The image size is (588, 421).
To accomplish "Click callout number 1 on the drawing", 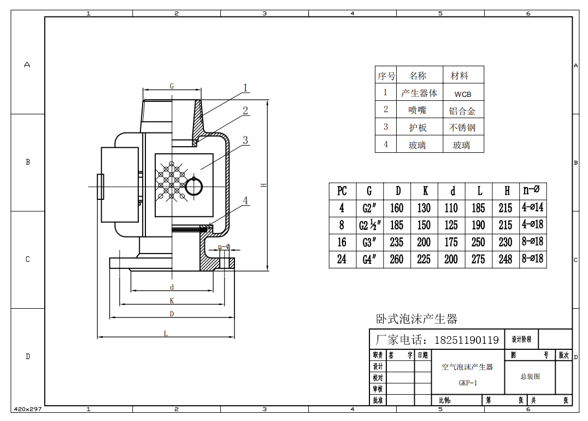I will [245, 88].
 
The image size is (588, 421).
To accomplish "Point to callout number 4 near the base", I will [245, 201].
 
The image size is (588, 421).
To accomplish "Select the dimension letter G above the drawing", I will [172, 86].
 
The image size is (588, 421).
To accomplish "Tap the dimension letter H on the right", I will [263, 186].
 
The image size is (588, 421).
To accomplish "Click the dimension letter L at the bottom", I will [166, 333].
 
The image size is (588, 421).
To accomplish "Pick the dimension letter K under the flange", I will [172, 301].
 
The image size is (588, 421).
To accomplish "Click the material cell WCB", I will [462, 94].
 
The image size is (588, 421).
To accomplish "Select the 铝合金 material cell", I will [462, 111].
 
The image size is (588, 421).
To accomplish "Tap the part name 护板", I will [418, 128].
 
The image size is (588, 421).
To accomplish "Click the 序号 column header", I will [386, 76].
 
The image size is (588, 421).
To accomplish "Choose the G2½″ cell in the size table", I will [369, 225].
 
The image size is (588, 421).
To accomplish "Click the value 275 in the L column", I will [478, 259].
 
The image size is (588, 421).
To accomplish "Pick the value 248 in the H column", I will [505, 259].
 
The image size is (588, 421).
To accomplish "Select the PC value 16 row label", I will [342, 242].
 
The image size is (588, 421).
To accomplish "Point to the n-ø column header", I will [532, 190].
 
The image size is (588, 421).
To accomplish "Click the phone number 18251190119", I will [466, 340].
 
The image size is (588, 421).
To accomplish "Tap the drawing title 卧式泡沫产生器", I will [416, 319].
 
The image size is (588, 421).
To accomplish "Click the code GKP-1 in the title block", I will [468, 383].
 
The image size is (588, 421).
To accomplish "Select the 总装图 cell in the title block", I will [530, 377].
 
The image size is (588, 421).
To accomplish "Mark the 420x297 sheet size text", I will [28, 409].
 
